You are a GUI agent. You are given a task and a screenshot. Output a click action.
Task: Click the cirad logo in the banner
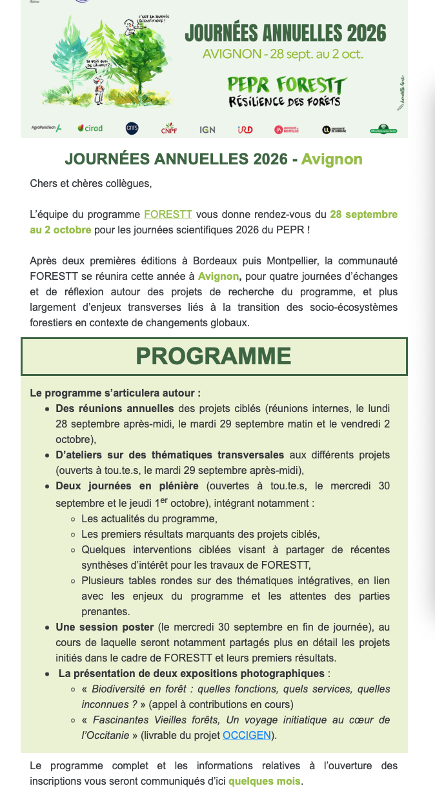click(90, 128)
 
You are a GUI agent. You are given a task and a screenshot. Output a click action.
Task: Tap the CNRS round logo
click(132, 128)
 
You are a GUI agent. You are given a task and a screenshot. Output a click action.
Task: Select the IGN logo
click(207, 129)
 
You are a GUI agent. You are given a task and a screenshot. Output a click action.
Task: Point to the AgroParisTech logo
click(46, 128)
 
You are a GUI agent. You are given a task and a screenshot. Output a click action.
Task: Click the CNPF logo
click(169, 129)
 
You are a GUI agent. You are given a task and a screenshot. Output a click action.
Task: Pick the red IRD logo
click(245, 129)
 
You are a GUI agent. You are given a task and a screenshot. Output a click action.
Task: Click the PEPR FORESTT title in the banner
click(287, 84)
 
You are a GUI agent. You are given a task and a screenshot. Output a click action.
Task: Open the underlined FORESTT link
click(168, 214)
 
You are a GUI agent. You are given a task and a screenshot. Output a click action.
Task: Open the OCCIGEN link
click(247, 735)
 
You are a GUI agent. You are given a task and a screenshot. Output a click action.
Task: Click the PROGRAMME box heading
click(214, 356)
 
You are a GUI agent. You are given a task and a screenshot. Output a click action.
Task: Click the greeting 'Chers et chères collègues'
click(91, 183)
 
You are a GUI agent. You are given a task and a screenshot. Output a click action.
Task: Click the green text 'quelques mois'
click(265, 781)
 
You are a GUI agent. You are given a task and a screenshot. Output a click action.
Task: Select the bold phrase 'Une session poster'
click(105, 627)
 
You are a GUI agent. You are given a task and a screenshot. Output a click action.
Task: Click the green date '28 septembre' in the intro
click(363, 214)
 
